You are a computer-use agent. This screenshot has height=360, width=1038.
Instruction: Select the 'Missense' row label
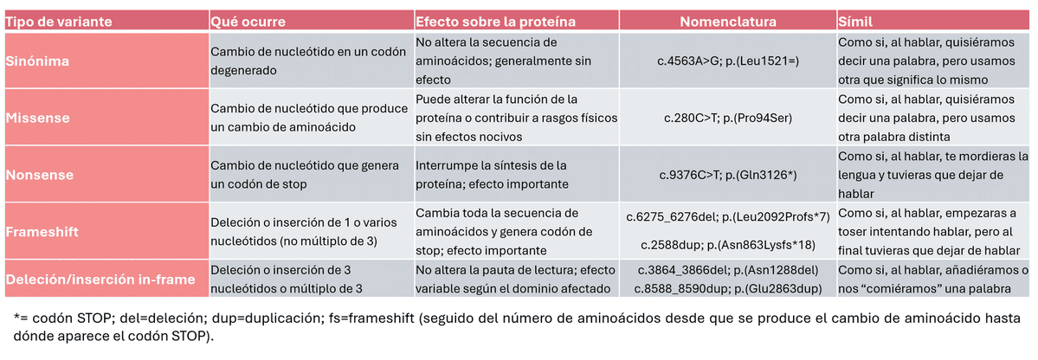[39, 118]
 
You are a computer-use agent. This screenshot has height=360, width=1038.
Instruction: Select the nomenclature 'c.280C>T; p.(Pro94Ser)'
[727, 118]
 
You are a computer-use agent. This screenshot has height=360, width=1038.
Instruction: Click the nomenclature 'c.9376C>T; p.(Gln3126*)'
[727, 174]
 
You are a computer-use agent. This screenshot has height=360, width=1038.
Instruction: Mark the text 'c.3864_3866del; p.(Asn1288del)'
[727, 270]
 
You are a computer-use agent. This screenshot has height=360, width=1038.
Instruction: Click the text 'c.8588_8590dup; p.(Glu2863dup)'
[727, 288]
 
